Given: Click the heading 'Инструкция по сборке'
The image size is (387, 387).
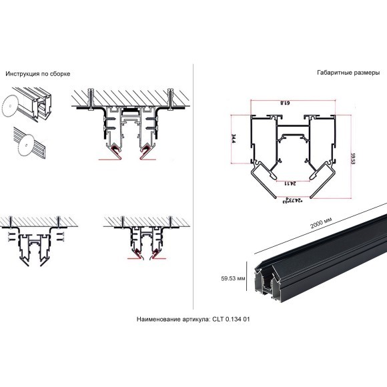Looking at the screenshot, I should coord(38,73).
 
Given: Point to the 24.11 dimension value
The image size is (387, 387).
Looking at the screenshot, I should coord(287,181).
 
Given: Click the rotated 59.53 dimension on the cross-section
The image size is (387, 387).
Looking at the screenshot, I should coord(352,158).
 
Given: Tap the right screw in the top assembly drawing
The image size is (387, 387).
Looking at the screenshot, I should coord(171,97).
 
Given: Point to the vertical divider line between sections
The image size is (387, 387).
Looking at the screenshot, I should coord(193,187).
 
